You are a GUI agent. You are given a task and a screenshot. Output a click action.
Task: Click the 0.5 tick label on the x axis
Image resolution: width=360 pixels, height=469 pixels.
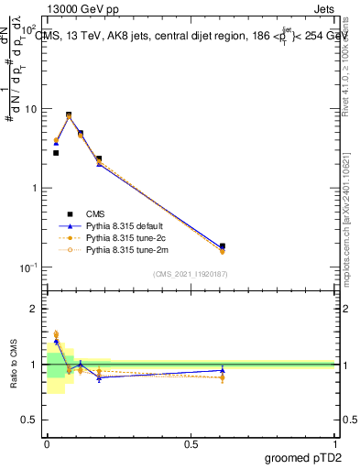pyautogui.click(x=190, y=443)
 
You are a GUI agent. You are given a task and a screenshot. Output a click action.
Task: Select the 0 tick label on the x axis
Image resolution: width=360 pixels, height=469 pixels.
pyautogui.click(x=47, y=443)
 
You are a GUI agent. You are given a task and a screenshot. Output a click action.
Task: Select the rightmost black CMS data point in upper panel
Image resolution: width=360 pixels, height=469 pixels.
pyautogui.click(x=223, y=246)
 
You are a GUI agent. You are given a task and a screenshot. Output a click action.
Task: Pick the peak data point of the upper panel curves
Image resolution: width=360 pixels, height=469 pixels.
pyautogui.click(x=69, y=115)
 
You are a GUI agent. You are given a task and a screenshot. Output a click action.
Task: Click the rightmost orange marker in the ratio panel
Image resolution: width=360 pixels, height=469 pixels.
pyautogui.click(x=223, y=377)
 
